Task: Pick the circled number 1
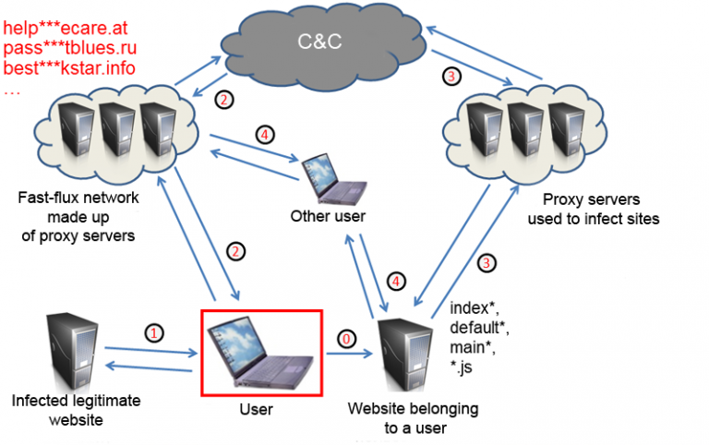[155, 330]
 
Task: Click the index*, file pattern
[471, 307]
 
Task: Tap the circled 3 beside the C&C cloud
[451, 77]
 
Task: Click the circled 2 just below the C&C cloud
[222, 99]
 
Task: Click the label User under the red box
[260, 406]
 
